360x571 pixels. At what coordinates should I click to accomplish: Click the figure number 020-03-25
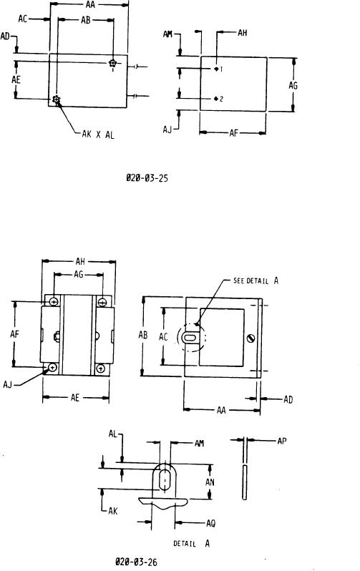click(x=147, y=178)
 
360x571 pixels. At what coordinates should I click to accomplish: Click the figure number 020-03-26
click(x=136, y=562)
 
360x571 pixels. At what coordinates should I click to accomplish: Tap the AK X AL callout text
click(x=98, y=135)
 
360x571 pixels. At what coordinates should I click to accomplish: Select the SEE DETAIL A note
click(x=256, y=280)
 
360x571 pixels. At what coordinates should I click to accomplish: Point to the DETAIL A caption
click(x=192, y=543)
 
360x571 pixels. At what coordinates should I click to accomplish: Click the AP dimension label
click(x=282, y=441)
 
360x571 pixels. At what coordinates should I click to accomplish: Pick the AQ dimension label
click(x=210, y=523)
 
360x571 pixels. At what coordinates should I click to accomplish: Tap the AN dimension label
click(x=210, y=482)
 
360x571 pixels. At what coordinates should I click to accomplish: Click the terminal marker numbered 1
click(x=218, y=69)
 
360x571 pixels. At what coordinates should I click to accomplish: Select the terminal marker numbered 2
click(x=218, y=99)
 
